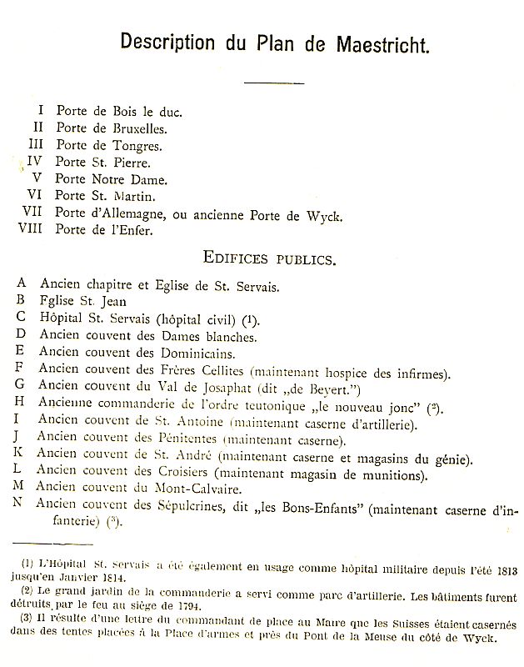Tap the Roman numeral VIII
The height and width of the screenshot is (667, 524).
click(32, 230)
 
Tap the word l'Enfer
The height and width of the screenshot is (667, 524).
click(128, 231)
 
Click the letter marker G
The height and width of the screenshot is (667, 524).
click(20, 389)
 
